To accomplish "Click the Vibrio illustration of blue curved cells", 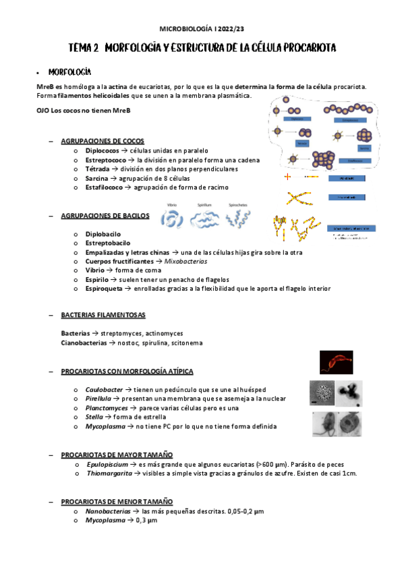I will coord(173,219).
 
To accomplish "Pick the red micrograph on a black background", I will coord(336,362).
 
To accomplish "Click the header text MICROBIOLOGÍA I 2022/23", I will coord(202,29).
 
